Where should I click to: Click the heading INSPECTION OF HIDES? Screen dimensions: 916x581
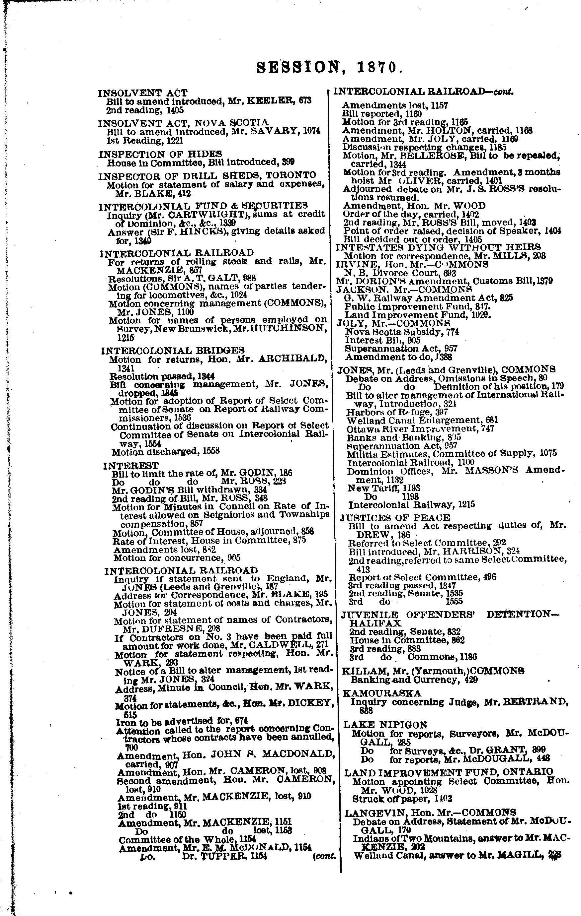coord(160,154)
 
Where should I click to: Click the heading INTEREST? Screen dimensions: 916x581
coord(130,466)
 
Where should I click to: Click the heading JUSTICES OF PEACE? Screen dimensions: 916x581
coord(395,517)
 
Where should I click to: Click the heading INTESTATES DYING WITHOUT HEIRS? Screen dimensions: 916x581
coord(438,247)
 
